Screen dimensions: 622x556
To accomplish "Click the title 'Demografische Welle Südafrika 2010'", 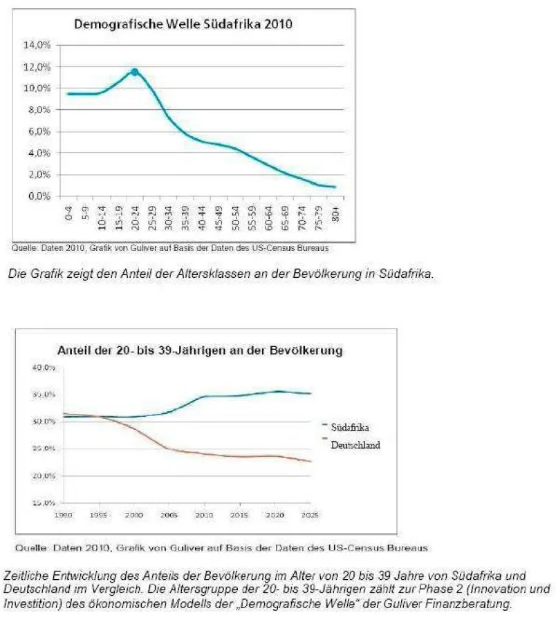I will tap(183, 25).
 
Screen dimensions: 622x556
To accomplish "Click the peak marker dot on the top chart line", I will tap(134, 72).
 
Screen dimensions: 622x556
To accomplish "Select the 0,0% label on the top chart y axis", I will tap(39, 196).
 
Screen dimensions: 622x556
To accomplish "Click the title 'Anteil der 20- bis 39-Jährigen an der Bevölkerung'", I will tap(199, 350).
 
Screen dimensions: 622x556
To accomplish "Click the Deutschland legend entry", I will tap(355, 445).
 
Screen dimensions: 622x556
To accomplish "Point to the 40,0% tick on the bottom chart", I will tap(44, 367).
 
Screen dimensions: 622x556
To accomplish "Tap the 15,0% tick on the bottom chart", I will tap(44, 503).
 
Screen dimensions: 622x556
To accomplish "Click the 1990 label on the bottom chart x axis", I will tap(64, 515).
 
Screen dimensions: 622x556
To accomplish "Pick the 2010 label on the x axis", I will tap(204, 515).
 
